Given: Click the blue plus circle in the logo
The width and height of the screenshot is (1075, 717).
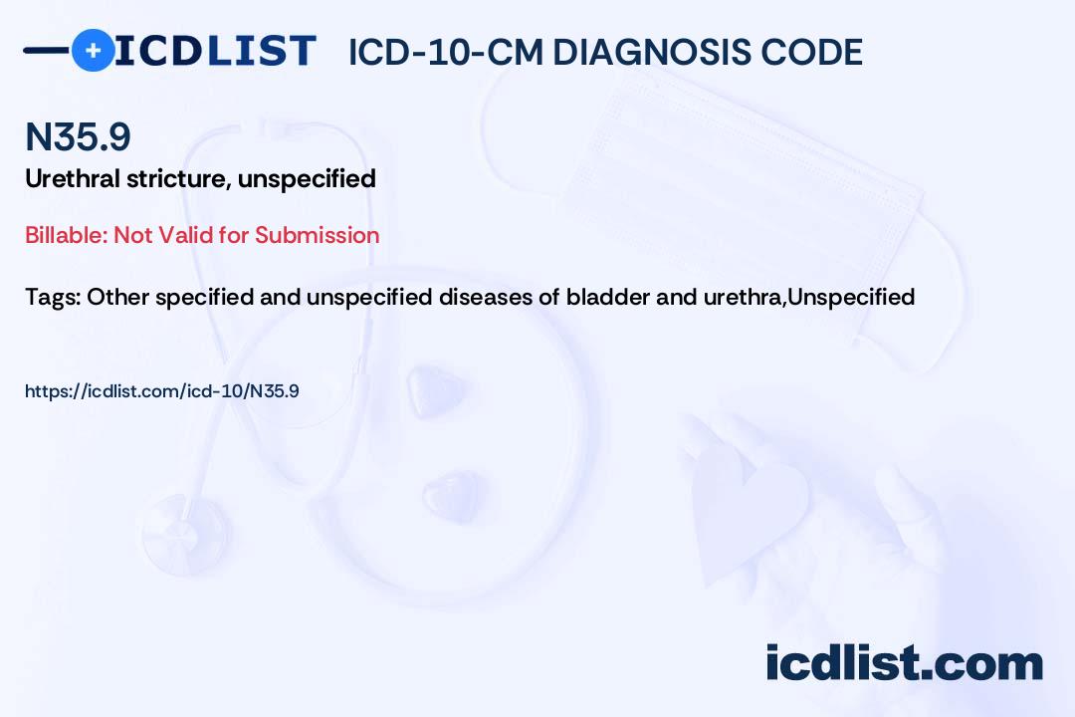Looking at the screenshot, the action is click(x=93, y=50).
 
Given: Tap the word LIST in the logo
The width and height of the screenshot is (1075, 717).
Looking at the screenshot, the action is click(x=261, y=51).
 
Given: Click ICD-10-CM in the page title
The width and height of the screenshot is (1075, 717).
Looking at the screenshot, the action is click(x=445, y=52).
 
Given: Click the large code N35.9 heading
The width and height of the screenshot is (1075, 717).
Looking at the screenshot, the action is click(x=78, y=136).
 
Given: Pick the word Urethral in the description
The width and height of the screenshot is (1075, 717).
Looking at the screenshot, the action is click(x=72, y=178).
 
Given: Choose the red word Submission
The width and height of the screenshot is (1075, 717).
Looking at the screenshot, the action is click(x=317, y=235).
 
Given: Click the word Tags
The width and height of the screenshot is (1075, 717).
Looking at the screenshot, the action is click(x=54, y=297).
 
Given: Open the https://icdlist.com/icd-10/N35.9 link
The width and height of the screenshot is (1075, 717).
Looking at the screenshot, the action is click(x=162, y=391).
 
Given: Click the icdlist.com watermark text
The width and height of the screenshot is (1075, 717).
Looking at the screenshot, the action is click(x=904, y=663).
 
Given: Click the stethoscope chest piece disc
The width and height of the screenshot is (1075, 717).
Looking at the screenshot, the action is click(x=186, y=533).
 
